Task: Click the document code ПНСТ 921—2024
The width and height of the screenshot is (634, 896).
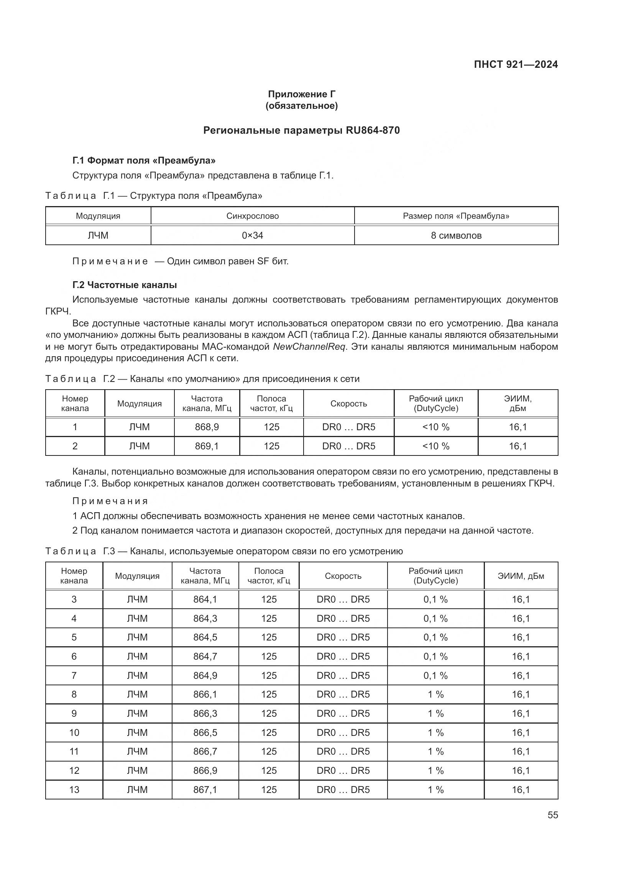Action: point(516,64)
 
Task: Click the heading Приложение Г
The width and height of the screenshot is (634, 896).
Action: point(301,94)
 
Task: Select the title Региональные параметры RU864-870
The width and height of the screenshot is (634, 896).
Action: point(301,130)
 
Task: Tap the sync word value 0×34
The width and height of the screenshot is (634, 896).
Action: point(253,235)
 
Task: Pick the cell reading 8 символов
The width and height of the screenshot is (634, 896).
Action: point(456,235)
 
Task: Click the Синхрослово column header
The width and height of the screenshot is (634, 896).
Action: point(253,216)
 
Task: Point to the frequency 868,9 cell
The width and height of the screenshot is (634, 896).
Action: point(207,427)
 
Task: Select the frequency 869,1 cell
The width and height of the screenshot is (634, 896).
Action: point(207,446)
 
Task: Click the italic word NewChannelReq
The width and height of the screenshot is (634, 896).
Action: point(309,347)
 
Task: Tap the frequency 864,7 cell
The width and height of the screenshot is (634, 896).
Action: point(205,657)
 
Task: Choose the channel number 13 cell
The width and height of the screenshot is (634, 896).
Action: point(74,790)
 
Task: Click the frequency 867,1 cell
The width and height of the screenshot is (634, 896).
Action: point(205,790)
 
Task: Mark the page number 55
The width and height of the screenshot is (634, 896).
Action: point(552,815)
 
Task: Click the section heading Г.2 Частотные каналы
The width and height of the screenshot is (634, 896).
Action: point(125,285)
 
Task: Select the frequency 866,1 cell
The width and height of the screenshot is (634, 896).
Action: point(205,694)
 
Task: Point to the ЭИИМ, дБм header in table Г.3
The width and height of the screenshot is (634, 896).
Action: point(521,576)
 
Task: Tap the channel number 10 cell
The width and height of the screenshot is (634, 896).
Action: point(74,732)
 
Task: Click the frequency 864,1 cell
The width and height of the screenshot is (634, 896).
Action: point(205,600)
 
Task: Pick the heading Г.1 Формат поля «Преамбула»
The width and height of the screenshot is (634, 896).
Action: point(144,161)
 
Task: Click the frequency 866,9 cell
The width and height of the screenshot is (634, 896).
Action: point(205,770)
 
